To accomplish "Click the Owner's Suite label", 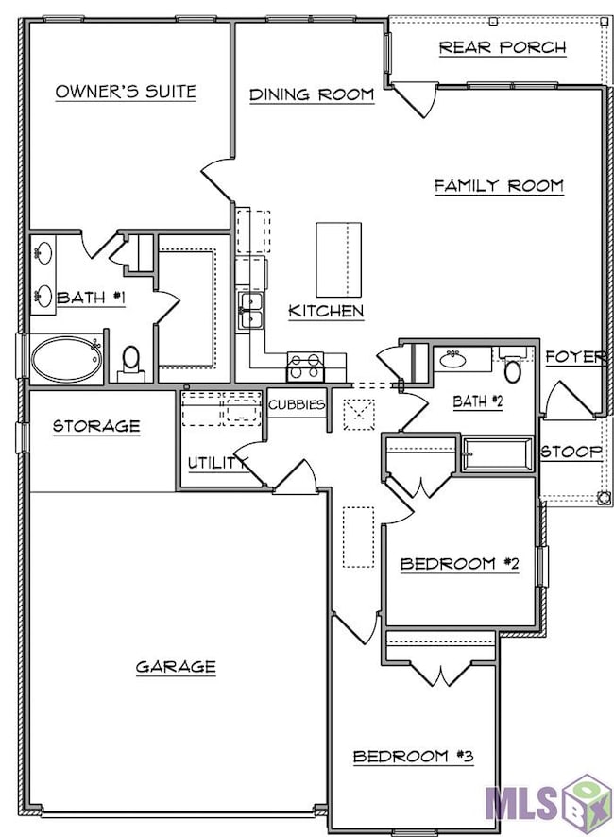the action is (126, 92).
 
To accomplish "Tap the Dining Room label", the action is (312, 95).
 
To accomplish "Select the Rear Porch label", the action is (503, 47).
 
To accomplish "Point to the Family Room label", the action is (499, 186).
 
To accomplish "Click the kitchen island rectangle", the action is (338, 260).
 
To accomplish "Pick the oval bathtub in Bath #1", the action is (67, 359).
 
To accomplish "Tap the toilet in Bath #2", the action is (513, 367).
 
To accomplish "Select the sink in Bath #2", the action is (452, 360).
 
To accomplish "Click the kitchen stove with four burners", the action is (305, 367).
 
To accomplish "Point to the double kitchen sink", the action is (250, 311).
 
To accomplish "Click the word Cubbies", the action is (297, 404).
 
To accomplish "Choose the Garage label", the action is (176, 667).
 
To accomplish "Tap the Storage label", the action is (96, 426).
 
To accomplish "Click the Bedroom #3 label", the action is (413, 757).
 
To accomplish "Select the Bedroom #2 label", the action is (460, 564).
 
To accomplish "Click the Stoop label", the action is (571, 453).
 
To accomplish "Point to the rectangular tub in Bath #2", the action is (498, 454).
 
